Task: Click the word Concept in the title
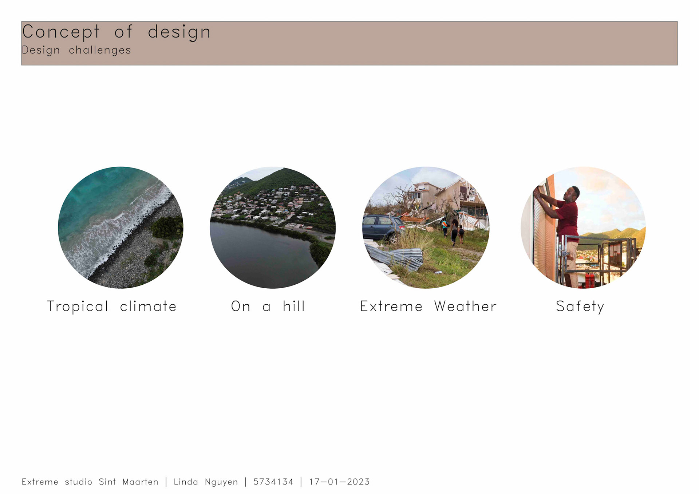point(61,32)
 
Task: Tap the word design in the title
point(179,32)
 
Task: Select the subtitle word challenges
point(100,50)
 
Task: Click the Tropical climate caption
point(112,307)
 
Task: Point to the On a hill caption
point(268,306)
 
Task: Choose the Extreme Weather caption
point(428,306)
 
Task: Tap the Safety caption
point(580,307)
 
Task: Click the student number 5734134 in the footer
point(273,482)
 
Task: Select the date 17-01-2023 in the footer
point(339,482)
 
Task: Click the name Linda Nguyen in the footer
point(206,482)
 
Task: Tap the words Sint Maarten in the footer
point(129,482)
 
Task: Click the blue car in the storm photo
point(382,228)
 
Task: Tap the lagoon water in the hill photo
point(262,255)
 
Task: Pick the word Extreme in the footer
point(40,482)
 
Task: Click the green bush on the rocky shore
point(167,227)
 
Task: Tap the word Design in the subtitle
point(41,50)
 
